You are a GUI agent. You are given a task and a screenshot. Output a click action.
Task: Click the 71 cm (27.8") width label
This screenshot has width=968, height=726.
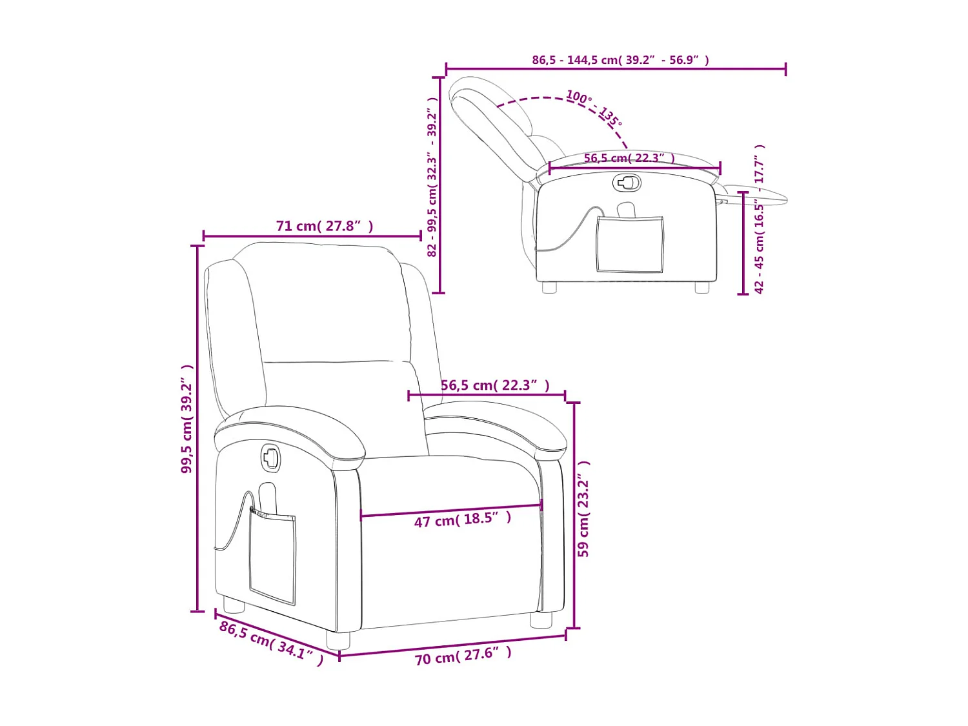click(325, 226)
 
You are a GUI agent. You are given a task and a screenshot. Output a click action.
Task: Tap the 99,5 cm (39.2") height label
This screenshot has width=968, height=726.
click(187, 419)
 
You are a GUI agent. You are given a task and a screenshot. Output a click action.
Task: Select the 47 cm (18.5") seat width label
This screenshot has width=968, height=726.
click(462, 519)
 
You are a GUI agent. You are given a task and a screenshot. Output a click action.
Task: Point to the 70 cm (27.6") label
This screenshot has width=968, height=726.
click(463, 656)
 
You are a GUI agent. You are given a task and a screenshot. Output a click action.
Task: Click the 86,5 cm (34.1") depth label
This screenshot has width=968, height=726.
click(271, 643)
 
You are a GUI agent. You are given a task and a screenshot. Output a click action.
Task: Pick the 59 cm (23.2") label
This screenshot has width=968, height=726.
click(583, 509)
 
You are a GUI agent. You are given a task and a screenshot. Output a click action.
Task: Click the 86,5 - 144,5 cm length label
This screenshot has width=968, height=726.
click(620, 60)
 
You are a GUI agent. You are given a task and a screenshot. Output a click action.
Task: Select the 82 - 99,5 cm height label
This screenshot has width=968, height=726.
click(432, 177)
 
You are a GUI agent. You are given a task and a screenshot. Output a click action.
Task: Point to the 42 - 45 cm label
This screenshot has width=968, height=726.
click(760, 219)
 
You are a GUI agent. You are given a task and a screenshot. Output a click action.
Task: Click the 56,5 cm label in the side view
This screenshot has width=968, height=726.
click(629, 158)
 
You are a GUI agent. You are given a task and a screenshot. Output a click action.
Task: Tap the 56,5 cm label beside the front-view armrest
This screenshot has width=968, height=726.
click(495, 385)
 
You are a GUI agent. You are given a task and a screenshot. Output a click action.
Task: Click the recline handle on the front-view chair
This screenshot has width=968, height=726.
click(270, 458)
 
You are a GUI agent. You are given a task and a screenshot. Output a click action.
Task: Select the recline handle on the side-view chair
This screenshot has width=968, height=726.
click(626, 183)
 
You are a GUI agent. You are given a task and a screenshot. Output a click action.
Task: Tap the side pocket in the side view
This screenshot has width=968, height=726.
click(629, 244)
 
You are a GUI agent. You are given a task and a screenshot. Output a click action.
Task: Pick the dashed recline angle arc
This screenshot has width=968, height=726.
click(549, 99)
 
